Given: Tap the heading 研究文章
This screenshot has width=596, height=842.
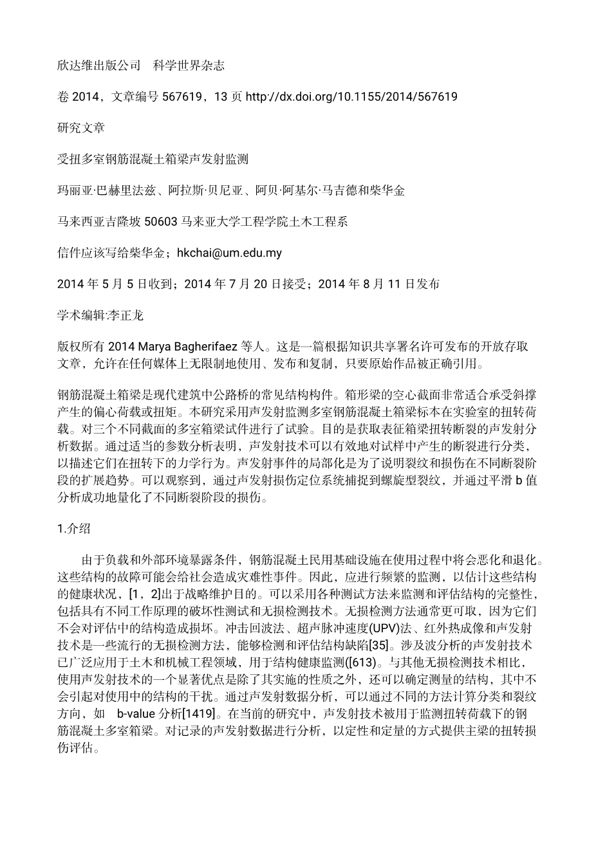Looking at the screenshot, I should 80,128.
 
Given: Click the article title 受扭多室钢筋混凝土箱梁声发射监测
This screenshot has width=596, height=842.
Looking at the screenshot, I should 153,160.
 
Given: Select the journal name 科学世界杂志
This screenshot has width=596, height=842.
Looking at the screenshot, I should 189,66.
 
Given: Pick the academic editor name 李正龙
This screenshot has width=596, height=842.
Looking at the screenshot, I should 128,315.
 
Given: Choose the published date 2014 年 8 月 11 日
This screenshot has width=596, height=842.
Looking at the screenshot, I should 366,284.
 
